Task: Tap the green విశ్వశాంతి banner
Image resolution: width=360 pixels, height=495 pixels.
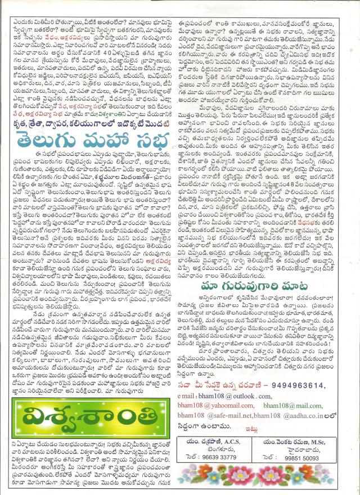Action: click(x=91, y=417)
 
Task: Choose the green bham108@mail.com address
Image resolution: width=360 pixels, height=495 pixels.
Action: click(x=292, y=405)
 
